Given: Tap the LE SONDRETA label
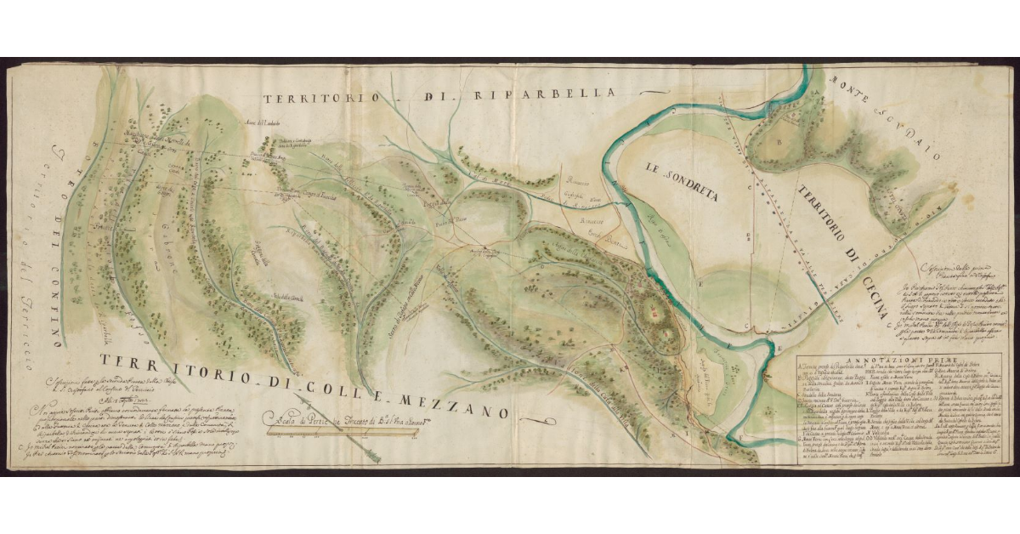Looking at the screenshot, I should [x=681, y=180].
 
